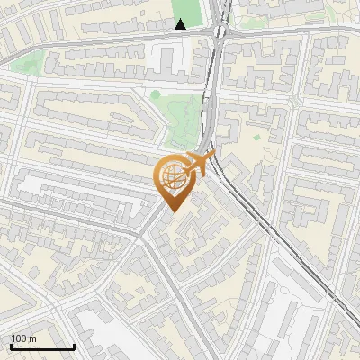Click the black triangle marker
pyautogui.click(x=181, y=24)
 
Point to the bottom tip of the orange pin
pyautogui.click(x=172, y=211)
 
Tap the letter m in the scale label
pyautogui.click(x=33, y=338)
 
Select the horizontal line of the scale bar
pyautogui.click(x=42, y=346)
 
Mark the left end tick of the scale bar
pyautogui.click(x=11, y=346)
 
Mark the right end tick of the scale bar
pyautogui.click(x=74, y=346)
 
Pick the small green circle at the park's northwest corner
pyautogui.click(x=156, y=94)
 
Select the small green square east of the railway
pyautogui.click(x=256, y=138)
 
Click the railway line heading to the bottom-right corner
pyautogui.click(x=297, y=270)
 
